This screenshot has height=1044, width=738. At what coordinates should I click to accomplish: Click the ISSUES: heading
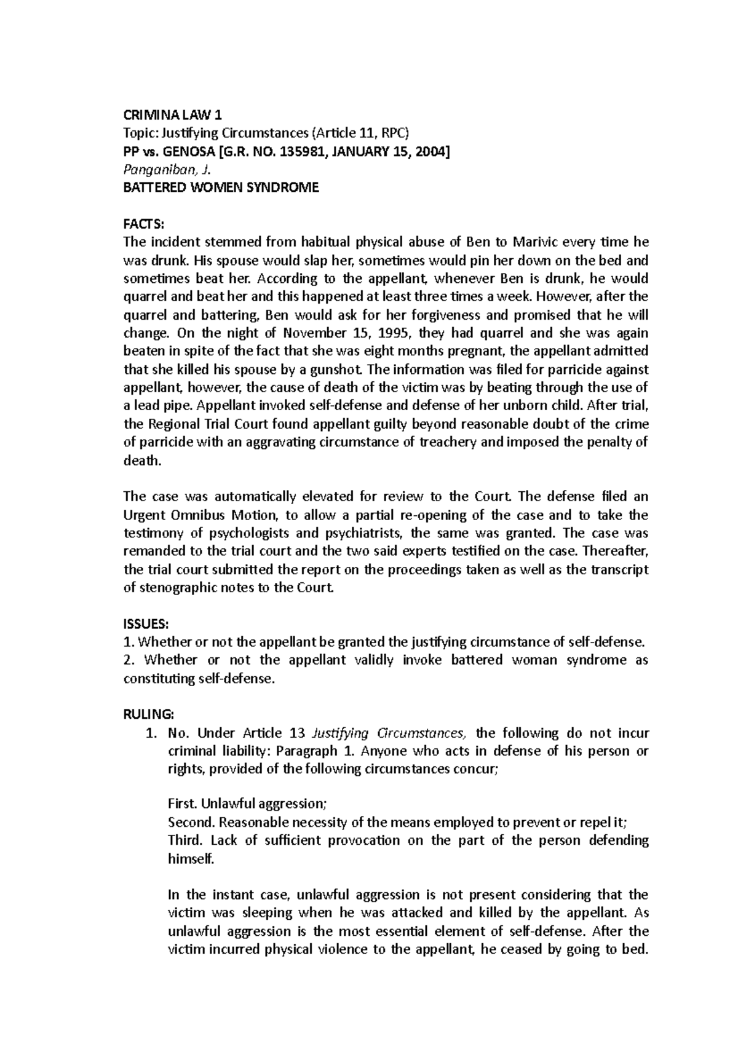pos(145,624)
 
